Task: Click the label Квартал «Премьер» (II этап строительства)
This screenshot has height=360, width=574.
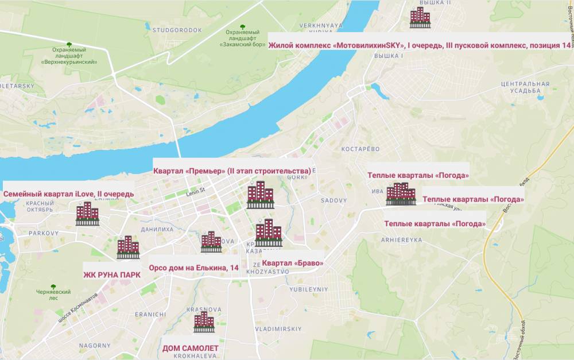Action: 232,171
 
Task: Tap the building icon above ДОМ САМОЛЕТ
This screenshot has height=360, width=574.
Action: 204,322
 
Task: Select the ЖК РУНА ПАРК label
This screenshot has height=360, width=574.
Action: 111,274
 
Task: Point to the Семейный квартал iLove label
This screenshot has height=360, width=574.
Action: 69,194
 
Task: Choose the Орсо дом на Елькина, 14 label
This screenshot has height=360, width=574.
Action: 193,268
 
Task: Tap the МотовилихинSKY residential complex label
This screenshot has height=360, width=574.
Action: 420,45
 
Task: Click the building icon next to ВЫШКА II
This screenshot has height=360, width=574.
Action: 420,17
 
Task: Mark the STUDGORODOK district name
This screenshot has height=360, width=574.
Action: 183,30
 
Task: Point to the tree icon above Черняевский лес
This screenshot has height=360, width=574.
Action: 53,285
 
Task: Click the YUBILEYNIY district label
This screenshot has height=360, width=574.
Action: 309,289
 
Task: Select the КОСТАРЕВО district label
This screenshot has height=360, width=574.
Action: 361,149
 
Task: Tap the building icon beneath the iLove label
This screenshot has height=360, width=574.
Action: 87,214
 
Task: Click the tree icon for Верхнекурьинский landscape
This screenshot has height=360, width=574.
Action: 69,44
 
